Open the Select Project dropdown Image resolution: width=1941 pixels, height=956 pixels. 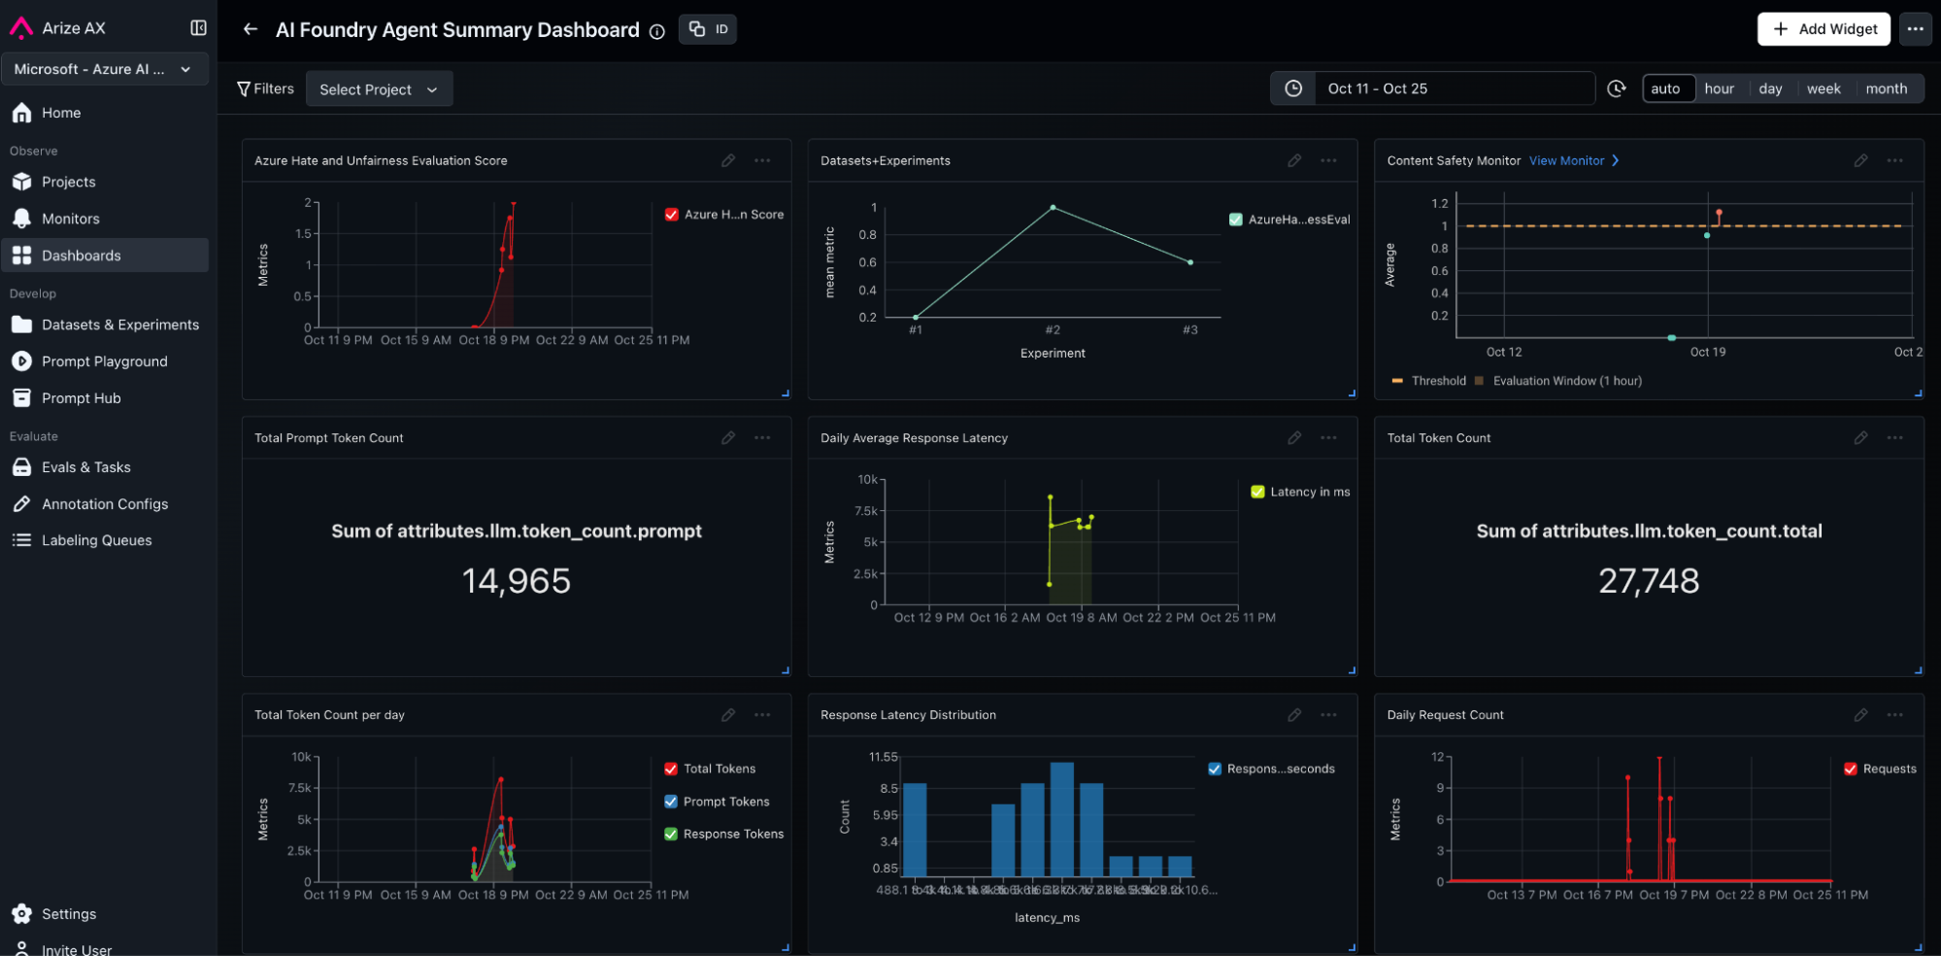tap(379, 89)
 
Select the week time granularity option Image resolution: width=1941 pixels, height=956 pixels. tap(1823, 88)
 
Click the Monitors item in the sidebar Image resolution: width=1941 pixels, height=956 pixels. tap(70, 219)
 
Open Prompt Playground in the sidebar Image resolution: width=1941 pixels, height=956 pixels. tap(104, 361)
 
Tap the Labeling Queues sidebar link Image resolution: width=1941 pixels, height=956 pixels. tap(96, 540)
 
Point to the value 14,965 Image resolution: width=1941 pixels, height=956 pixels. tap(516, 581)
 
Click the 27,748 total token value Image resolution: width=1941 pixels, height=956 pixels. tap(1648, 581)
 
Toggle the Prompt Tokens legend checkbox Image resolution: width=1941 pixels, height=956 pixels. tap(671, 802)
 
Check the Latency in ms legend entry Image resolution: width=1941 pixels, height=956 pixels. tap(1258, 493)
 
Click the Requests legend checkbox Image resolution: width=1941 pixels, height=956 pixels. tap(1851, 769)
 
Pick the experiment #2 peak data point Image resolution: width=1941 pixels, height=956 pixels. tap(1053, 208)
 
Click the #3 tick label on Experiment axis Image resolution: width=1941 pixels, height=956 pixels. tap(1189, 330)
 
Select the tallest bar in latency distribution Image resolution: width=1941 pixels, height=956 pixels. tap(1061, 819)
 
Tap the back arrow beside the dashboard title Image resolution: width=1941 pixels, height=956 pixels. tap(251, 29)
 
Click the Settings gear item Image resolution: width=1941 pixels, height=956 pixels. tap(68, 914)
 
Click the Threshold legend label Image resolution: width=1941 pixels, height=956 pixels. tap(1438, 381)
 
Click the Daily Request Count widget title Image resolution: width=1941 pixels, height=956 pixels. tap(1445, 715)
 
